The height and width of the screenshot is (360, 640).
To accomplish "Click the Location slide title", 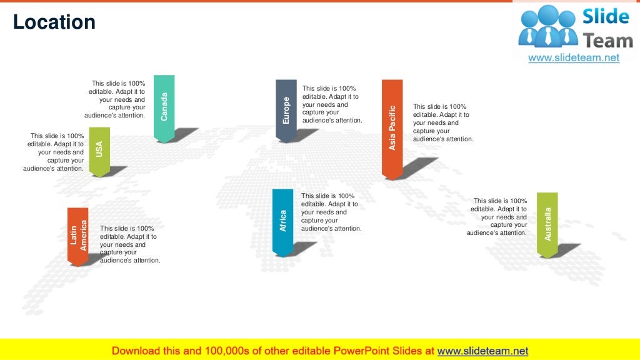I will [54, 22].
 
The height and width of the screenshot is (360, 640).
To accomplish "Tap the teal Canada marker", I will [164, 107].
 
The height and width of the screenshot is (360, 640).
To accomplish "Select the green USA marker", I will [99, 150].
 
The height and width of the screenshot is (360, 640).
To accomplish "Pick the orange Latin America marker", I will [78, 236].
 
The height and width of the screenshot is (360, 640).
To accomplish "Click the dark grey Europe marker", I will [286, 109].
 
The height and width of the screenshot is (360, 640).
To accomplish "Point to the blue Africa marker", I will [282, 221].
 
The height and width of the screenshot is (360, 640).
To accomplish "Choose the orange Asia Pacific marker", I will [392, 127].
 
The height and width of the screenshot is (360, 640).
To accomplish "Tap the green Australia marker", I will [547, 224].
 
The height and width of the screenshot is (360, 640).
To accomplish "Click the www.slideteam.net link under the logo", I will [574, 57].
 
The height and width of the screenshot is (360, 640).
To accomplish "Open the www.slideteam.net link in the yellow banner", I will [482, 351].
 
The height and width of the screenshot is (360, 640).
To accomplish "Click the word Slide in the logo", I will [605, 17].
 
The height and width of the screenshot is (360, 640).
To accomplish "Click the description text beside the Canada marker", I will [116, 99].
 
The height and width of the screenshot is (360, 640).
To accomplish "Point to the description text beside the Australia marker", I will [498, 217].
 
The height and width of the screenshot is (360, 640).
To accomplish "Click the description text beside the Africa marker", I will [331, 212].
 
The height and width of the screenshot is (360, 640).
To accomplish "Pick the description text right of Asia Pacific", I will [442, 123].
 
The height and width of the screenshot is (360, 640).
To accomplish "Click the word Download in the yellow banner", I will [139, 351].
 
